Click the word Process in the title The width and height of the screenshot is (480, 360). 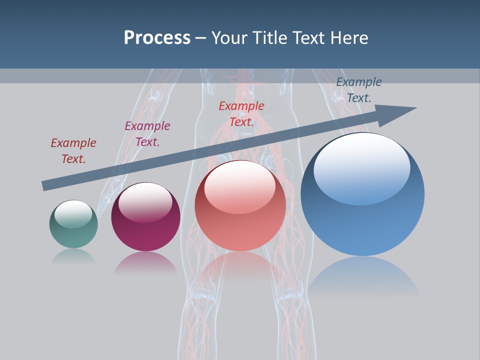157,38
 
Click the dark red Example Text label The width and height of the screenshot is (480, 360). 73,151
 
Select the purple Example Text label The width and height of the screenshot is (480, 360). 147,134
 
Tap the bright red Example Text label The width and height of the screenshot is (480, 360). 241,114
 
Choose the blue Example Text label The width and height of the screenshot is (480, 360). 359,90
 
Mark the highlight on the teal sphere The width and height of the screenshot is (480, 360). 73,214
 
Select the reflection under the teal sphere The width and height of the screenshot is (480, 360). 73,256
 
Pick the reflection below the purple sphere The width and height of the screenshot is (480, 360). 145,262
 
